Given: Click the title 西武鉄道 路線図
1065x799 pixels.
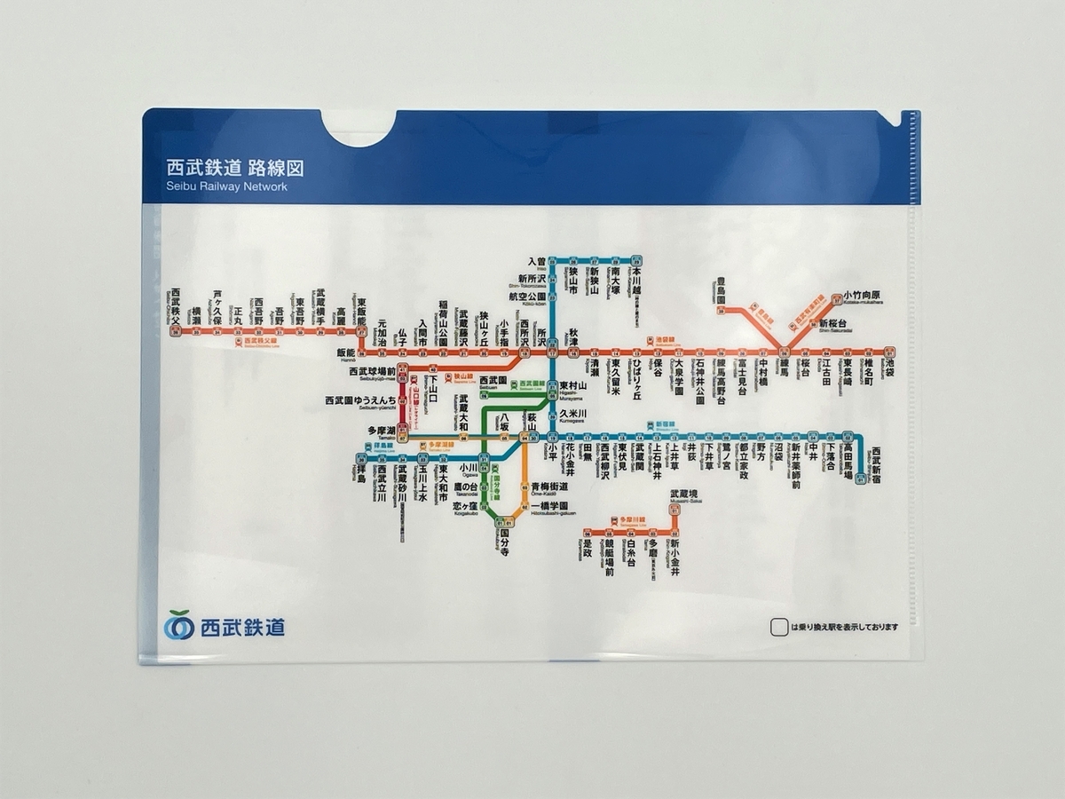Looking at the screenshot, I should point(235,169).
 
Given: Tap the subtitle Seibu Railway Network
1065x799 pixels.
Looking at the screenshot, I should point(226,187).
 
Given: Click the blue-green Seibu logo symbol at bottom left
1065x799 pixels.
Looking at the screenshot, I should point(178,625).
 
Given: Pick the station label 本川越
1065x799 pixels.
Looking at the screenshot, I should point(636,283).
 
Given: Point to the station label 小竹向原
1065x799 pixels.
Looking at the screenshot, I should point(862,295).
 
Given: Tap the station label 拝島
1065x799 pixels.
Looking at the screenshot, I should point(360,477).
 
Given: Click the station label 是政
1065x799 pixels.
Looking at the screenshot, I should point(587,552).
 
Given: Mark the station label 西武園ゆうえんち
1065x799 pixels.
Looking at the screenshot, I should point(361,401).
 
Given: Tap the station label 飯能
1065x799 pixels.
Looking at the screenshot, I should point(345,352).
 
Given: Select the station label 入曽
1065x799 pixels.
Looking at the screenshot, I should point(537,262).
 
